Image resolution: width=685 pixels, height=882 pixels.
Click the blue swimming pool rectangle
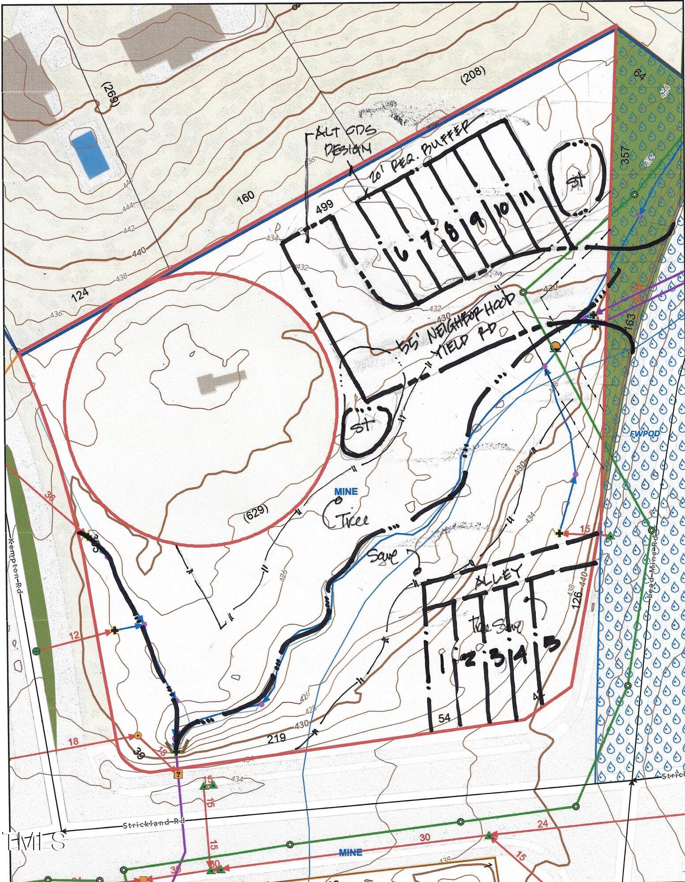pos(90,153)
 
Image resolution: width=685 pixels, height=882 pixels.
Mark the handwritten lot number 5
pos(550,644)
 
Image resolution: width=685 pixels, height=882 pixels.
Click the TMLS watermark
pos(33,841)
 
